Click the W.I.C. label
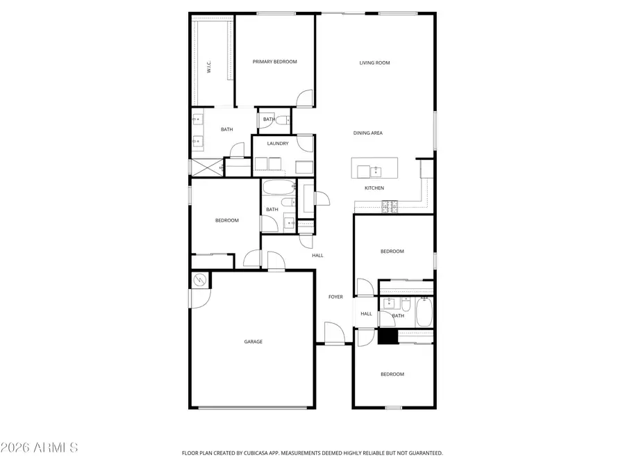[208, 67]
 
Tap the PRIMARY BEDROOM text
[274, 62]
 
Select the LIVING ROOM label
[374, 63]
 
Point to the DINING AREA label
[368, 133]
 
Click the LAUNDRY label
[278, 144]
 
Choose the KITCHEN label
[374, 188]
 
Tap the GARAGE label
[253, 342]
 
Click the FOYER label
[335, 297]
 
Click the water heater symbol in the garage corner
[200, 280]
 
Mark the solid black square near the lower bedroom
[387, 336]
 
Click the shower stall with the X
[206, 167]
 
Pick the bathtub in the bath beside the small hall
[424, 311]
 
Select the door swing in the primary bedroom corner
[305, 99]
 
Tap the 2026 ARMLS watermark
[39, 447]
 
